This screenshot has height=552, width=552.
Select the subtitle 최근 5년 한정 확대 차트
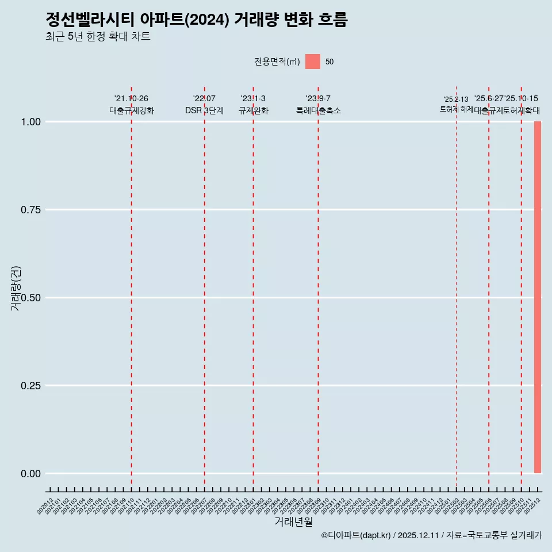pyautogui.click(x=98, y=37)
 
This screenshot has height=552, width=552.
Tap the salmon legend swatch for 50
pyautogui.click(x=312, y=62)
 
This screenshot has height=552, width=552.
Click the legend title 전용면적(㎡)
pyautogui.click(x=277, y=62)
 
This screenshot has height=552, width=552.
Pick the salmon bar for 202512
pyautogui.click(x=538, y=297)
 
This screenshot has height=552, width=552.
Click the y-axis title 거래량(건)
pyautogui.click(x=16, y=288)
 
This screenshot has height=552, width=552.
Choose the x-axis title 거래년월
pyautogui.click(x=293, y=522)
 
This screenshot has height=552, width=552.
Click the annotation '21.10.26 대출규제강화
pyautogui.click(x=131, y=105)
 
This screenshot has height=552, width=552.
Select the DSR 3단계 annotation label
pyautogui.click(x=204, y=110)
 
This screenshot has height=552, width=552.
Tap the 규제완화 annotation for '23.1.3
pyautogui.click(x=253, y=110)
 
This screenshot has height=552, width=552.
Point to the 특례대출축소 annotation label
pyautogui.click(x=318, y=110)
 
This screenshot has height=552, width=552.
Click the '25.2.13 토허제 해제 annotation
pyautogui.click(x=456, y=105)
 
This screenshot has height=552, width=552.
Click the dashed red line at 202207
pyautogui.click(x=204, y=287)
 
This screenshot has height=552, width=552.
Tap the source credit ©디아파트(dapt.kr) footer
pyautogui.click(x=431, y=535)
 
